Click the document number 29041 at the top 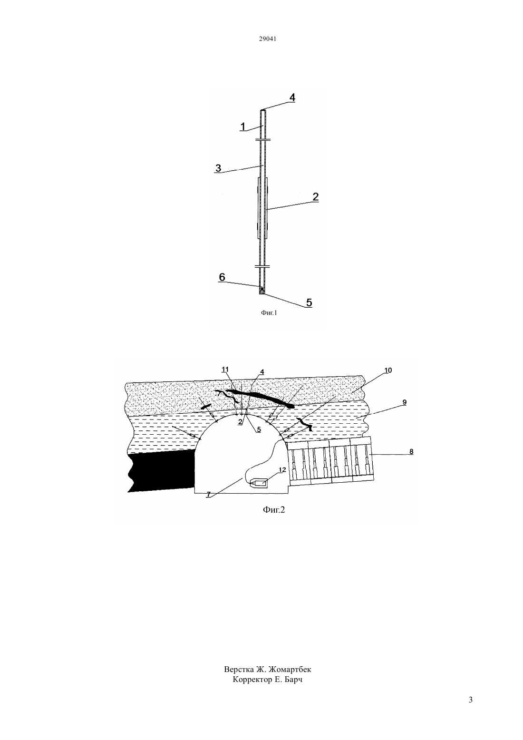[x=267, y=39]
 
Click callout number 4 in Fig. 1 [x=292, y=97]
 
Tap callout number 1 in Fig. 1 [x=243, y=127]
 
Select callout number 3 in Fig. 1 [x=218, y=168]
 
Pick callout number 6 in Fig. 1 [x=222, y=277]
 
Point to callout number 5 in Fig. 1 [x=309, y=302]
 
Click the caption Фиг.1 [x=269, y=312]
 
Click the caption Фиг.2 [x=274, y=510]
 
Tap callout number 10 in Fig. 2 [x=388, y=370]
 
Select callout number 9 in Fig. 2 [x=405, y=402]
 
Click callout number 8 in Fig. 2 [x=411, y=452]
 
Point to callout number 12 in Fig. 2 [x=282, y=469]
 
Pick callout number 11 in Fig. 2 [x=225, y=370]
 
